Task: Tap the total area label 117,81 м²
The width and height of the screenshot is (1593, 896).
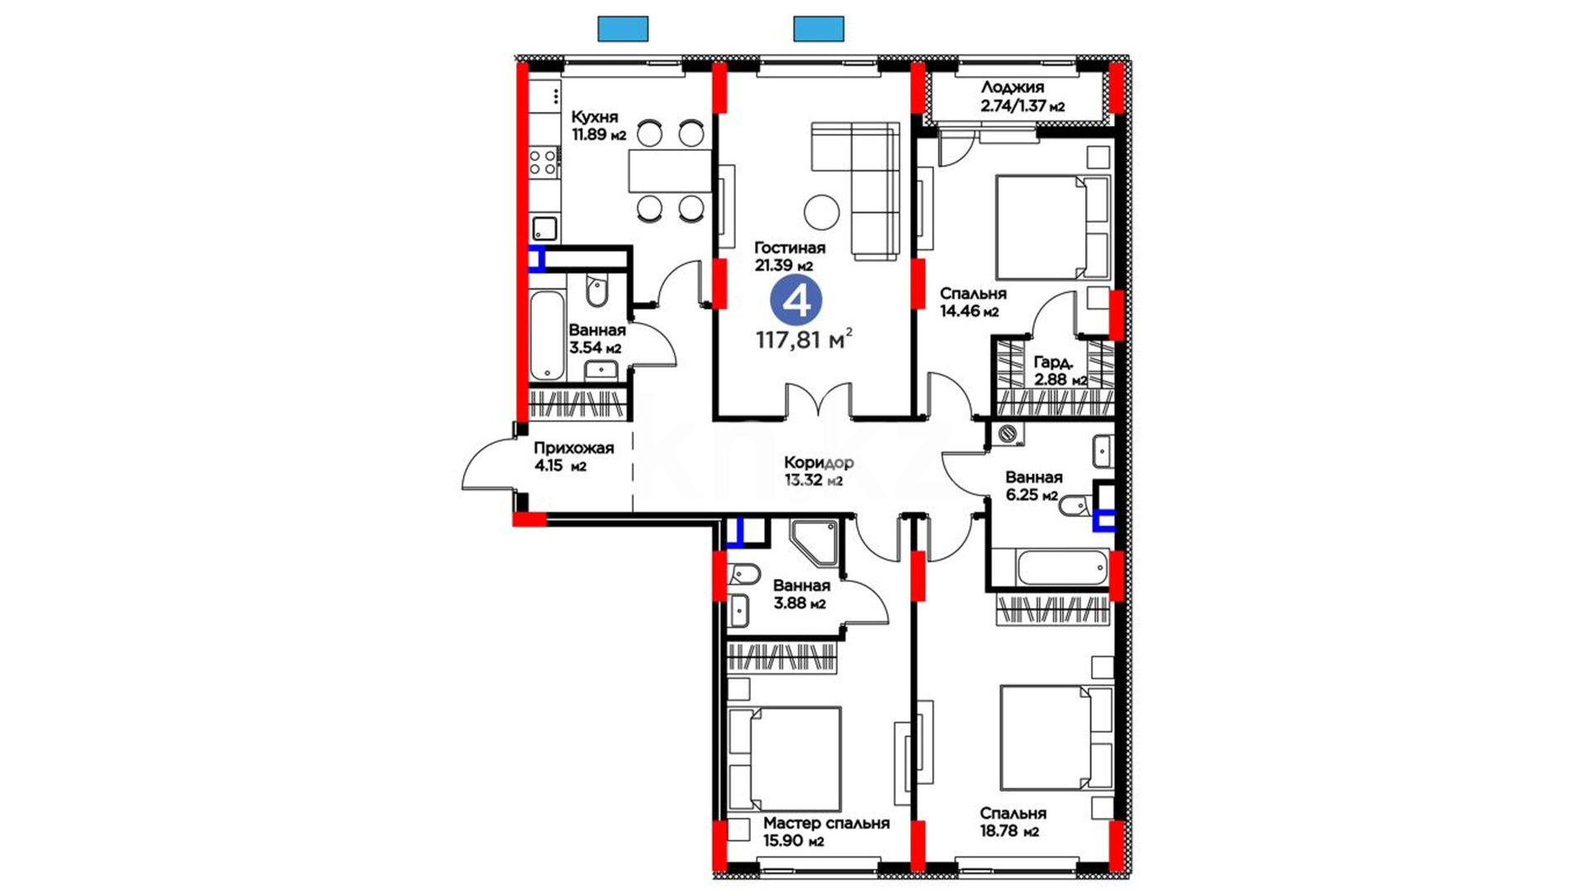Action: [x=804, y=338]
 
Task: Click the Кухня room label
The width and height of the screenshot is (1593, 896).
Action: [x=595, y=117]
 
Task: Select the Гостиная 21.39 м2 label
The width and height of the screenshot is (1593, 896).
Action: [x=789, y=256]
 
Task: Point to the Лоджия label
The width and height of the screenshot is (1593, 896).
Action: [x=1012, y=87]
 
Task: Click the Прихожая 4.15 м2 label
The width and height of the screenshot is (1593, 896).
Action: [x=573, y=456]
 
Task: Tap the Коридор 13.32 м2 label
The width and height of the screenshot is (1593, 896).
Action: [x=818, y=470]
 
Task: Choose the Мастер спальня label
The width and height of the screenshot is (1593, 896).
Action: [x=826, y=823]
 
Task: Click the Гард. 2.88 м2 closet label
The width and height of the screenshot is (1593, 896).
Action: [x=1060, y=371]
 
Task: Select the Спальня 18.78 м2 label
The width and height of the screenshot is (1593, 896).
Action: [x=1012, y=822]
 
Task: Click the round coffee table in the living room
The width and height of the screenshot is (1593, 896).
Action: [x=821, y=212]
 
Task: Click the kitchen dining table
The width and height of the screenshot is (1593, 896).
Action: [x=670, y=170]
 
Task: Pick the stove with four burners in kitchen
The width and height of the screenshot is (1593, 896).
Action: [x=544, y=162]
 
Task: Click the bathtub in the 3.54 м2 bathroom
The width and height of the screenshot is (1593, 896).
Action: [x=547, y=334]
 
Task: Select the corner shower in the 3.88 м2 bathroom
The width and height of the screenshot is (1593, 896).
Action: [x=815, y=543]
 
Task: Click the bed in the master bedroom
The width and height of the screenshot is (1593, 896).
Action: [x=785, y=759]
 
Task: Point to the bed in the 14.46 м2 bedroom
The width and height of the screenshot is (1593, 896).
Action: [x=1053, y=226]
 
